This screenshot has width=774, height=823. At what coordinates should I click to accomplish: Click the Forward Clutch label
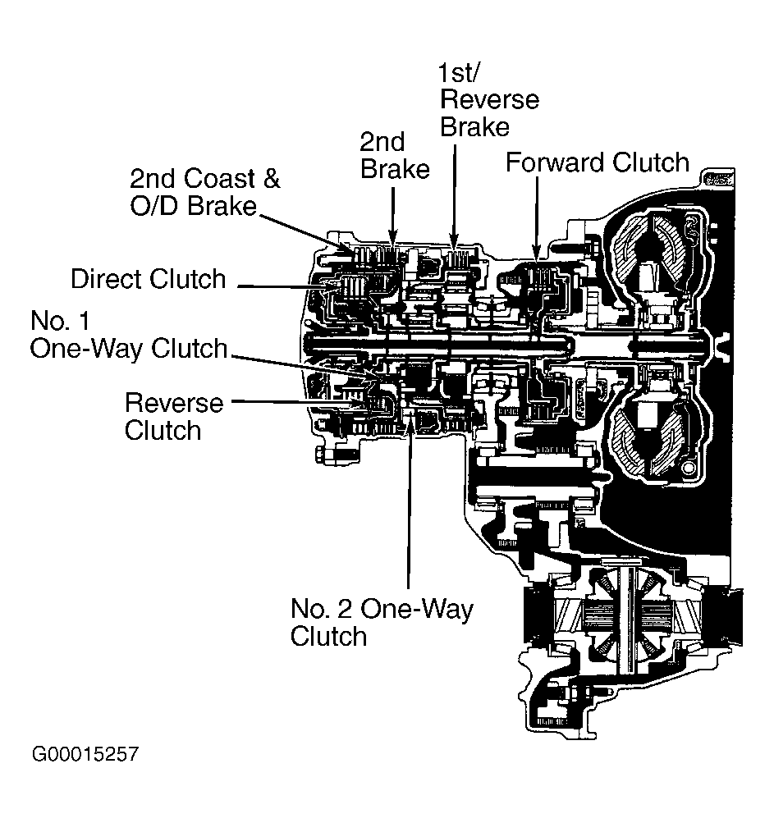[597, 162]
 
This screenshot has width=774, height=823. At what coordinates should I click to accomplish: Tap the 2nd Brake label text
[395, 155]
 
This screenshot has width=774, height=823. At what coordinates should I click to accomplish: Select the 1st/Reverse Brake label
[489, 100]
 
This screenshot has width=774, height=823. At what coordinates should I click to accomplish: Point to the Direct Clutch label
[148, 279]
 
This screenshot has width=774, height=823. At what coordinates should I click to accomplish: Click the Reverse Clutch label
[174, 417]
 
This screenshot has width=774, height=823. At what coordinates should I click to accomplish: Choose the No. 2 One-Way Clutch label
[382, 623]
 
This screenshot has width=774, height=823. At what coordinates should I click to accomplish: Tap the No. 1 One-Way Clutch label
[129, 334]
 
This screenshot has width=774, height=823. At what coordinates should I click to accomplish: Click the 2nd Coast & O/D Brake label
[205, 192]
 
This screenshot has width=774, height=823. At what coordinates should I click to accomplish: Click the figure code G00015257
[85, 754]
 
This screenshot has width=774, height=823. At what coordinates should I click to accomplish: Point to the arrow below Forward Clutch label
[537, 218]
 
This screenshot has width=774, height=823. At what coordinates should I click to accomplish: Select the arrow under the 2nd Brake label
[393, 216]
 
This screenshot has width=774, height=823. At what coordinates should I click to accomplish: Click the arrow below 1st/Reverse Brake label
[454, 195]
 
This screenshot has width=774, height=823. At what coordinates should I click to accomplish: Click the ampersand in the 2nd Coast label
[272, 178]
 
